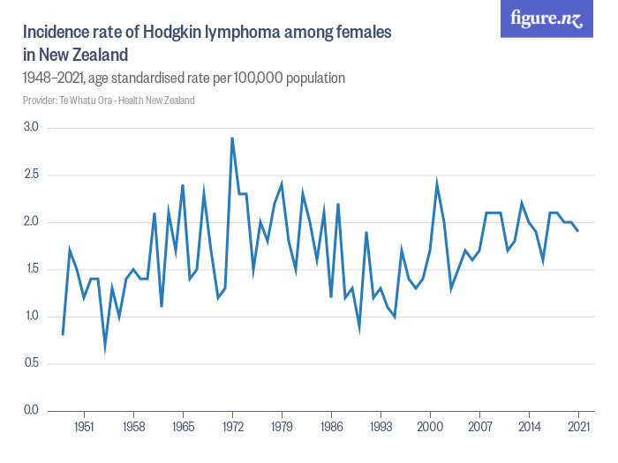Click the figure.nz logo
coord(546,19)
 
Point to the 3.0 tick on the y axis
coord(31,128)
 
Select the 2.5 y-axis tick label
coord(31,175)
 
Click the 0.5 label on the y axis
coord(31,363)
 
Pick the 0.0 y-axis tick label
coord(31,410)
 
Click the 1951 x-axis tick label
coord(84,427)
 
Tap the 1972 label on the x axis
coord(232,427)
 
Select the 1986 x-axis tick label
coord(331,427)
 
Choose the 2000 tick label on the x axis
coord(430,427)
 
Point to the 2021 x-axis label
coord(578,427)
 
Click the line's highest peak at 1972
coord(232,138)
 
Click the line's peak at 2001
coord(437,184)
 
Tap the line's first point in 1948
coord(63,334)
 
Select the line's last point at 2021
coord(578,231)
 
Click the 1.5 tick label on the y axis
coord(31,269)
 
